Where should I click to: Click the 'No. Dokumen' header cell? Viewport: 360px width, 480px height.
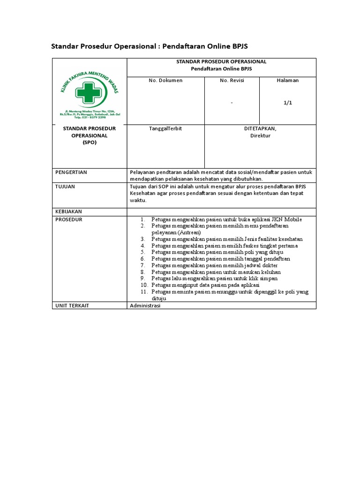point(165,81)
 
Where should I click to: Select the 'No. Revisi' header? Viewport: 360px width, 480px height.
point(232,81)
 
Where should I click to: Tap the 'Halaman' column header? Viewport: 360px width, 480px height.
point(288,81)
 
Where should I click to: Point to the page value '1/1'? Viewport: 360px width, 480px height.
point(288,103)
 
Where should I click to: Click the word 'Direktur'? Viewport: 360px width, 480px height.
point(260,136)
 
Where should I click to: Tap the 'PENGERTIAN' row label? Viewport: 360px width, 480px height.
point(71,172)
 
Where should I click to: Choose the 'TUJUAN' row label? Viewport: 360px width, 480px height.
point(65,187)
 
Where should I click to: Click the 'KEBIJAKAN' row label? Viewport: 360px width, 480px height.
point(69,212)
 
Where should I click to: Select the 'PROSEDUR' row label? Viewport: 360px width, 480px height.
point(69,219)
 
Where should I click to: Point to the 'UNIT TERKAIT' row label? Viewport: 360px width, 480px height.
point(72,306)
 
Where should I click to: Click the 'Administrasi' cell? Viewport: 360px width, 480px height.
point(145,306)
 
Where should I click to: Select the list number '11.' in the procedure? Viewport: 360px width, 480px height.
point(144,292)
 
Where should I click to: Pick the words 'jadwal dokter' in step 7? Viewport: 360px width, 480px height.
point(259,265)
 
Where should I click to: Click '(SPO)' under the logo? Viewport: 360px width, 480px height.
point(90,142)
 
